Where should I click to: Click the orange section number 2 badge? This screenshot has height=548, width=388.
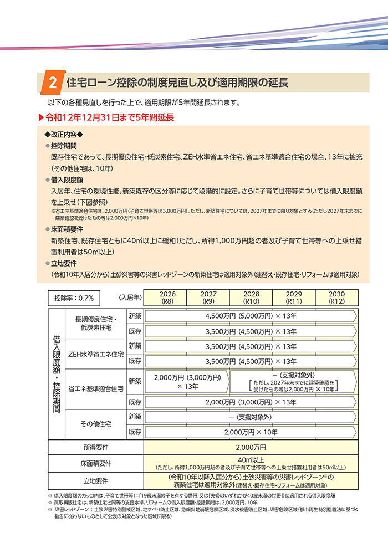[x=52, y=83]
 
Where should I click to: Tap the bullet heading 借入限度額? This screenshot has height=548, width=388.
[x=66, y=180]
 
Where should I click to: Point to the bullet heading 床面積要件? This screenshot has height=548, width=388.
[x=66, y=229]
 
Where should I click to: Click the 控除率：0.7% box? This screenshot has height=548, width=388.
[x=74, y=298]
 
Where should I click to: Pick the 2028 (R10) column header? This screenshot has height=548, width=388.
[x=251, y=298]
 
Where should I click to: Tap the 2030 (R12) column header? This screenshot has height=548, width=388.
[x=336, y=298]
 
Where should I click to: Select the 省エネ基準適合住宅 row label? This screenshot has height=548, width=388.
[x=95, y=388]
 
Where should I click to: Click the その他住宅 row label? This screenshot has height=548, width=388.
[x=95, y=423]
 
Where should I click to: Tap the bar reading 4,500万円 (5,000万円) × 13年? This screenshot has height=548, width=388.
[x=251, y=316]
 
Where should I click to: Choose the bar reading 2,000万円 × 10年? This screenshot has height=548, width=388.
[x=251, y=431]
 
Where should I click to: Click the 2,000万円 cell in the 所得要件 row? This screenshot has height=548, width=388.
[x=251, y=447]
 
